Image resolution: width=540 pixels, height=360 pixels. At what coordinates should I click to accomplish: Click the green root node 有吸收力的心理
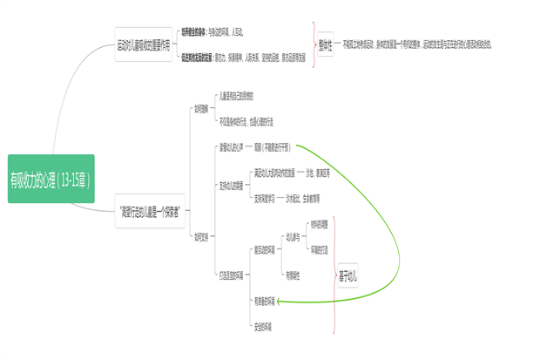point(51,179)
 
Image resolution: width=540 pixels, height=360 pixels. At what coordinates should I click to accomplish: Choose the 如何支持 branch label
point(201,236)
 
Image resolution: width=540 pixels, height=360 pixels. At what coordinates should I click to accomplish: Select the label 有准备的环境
point(264,302)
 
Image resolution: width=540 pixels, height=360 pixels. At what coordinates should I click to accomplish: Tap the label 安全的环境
point(263,328)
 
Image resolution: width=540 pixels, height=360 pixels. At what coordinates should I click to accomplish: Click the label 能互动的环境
point(265,250)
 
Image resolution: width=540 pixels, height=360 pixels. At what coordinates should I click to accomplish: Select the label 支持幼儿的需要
point(231,185)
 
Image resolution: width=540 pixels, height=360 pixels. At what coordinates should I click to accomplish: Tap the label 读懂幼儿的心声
point(231,146)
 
